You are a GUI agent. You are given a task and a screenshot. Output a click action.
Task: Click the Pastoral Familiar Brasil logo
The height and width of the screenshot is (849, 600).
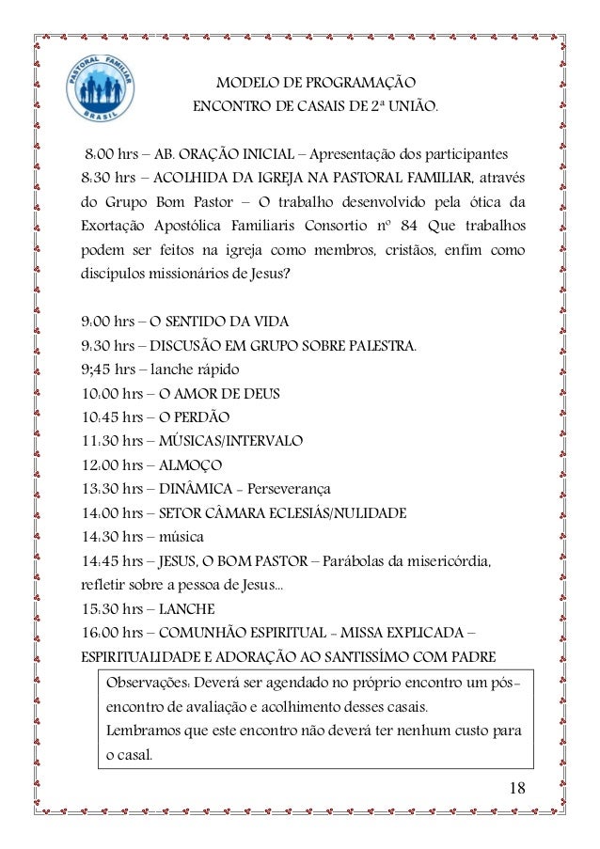pos(103,98)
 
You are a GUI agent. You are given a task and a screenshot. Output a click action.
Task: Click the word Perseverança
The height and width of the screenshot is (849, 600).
pos(291,489)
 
